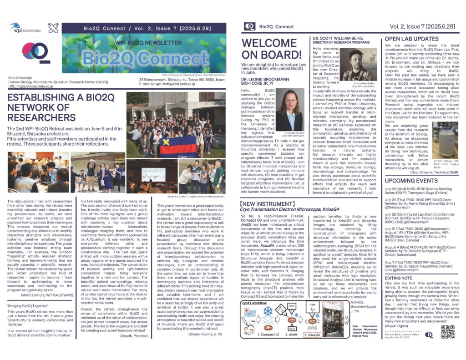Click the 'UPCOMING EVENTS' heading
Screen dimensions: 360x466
tap(410, 181)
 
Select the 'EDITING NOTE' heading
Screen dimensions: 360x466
tap(399, 265)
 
